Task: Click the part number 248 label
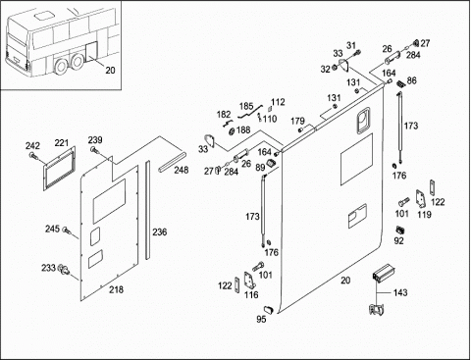pos(182,170)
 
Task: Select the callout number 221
pos(62,142)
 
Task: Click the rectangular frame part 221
pos(60,169)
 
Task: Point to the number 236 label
pos(160,231)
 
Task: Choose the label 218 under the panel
pos(116,289)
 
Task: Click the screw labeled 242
pos(32,156)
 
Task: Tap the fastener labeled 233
pos(64,270)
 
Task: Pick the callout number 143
pos(400,292)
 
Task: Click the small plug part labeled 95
pos(269,310)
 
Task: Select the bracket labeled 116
pos(250,281)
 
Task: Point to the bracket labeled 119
pos(421,199)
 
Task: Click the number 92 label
pos(398,240)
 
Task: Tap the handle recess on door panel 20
pos(362,121)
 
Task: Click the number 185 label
pos(246,106)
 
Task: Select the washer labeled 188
pos(231,131)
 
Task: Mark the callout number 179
pos(297,121)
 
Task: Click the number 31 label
pos(351,45)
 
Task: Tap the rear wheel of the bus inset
pos(78,62)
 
